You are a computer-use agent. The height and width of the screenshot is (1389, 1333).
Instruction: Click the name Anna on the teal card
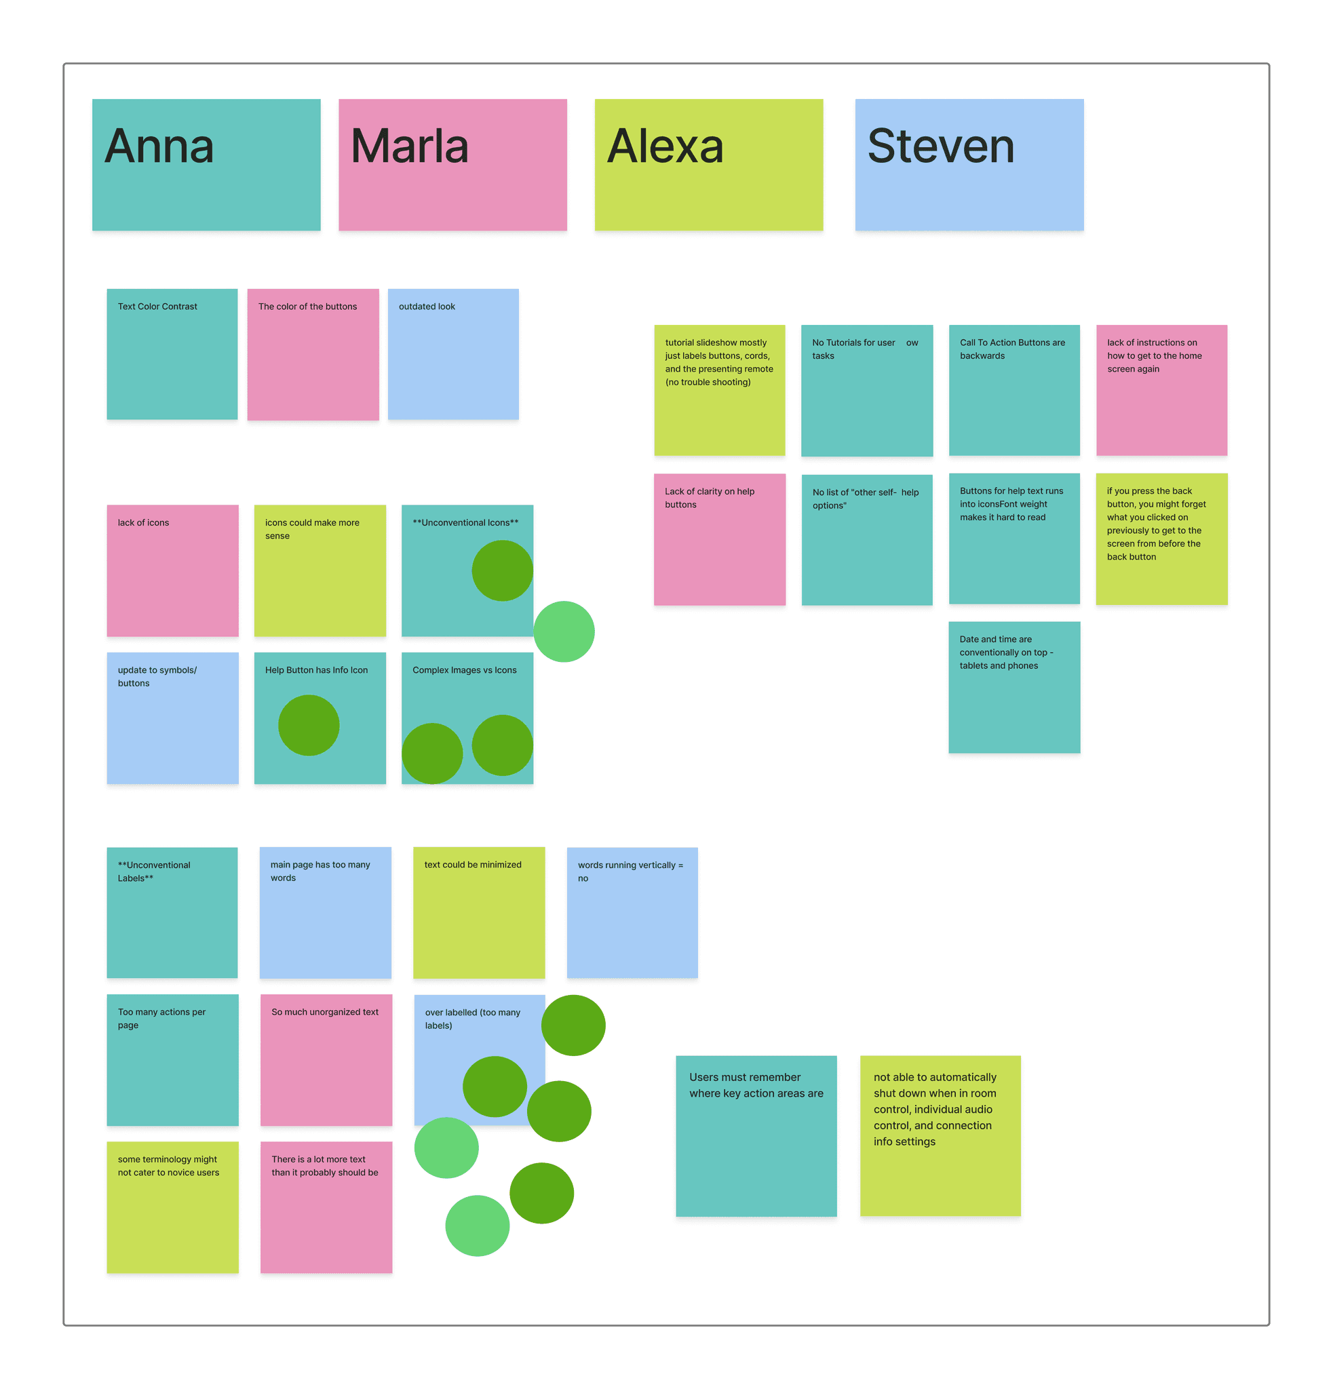coord(159,146)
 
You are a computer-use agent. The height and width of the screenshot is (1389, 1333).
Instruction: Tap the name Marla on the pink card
coord(409,146)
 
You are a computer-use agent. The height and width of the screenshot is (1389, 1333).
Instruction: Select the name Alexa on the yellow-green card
coord(665,146)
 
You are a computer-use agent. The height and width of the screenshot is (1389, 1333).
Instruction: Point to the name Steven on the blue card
coord(940,146)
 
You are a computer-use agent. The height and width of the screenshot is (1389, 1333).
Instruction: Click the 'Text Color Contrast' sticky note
coord(172,353)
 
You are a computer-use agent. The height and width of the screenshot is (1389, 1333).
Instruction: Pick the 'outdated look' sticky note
coord(453,353)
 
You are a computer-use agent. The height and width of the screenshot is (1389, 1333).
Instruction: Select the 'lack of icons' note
coord(172,570)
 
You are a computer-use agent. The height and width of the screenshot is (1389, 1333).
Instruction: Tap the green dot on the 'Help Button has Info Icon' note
coord(308,725)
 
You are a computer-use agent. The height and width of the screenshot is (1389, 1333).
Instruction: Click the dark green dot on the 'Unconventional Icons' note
coord(502,570)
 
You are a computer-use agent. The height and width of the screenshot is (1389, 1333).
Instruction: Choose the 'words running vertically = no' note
coord(632,913)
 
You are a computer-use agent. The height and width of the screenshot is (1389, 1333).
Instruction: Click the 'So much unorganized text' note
coord(326,1059)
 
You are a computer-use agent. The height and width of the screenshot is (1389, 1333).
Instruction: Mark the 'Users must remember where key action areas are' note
coord(756,1136)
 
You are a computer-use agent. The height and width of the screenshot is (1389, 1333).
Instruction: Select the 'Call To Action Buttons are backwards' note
coord(1014,390)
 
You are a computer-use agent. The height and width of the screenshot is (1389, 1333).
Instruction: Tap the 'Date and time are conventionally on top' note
coord(1014,687)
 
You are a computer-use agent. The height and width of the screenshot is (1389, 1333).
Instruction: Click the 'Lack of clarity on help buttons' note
coord(719,539)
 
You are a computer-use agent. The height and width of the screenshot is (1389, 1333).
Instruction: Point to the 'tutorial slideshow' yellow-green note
coord(719,390)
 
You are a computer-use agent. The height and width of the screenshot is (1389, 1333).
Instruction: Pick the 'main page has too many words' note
coord(325,913)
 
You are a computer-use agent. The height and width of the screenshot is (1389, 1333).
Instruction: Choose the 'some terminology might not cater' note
coord(172,1207)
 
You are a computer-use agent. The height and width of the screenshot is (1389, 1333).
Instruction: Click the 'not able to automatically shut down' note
coord(940,1136)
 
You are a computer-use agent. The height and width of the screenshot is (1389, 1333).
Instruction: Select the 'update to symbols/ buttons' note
coord(172,718)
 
